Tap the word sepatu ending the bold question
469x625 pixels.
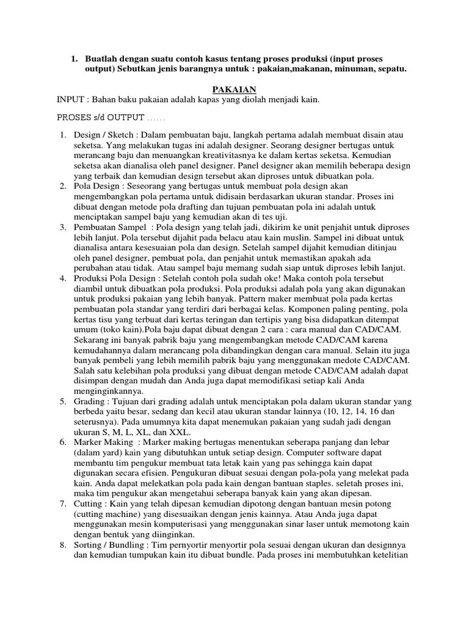click(391, 71)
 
